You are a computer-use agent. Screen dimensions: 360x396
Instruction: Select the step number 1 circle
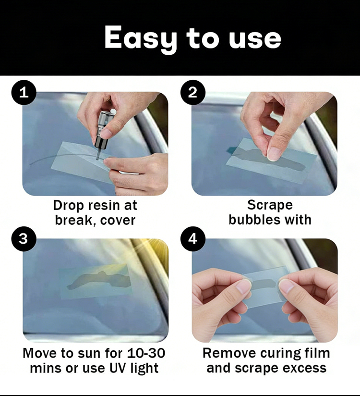pyautogui.click(x=24, y=92)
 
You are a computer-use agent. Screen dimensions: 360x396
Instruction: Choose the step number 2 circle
pyautogui.click(x=192, y=92)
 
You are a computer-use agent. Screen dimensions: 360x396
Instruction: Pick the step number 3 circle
pyautogui.click(x=24, y=239)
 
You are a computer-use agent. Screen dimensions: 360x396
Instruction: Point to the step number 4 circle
pyautogui.click(x=192, y=239)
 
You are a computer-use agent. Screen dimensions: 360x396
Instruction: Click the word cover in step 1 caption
pyautogui.click(x=118, y=220)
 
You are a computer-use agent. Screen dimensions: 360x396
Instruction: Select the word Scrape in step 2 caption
pyautogui.click(x=270, y=205)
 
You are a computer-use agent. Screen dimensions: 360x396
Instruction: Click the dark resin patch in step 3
pyautogui.click(x=99, y=280)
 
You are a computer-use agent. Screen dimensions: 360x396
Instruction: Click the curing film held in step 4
pyautogui.click(x=265, y=286)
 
